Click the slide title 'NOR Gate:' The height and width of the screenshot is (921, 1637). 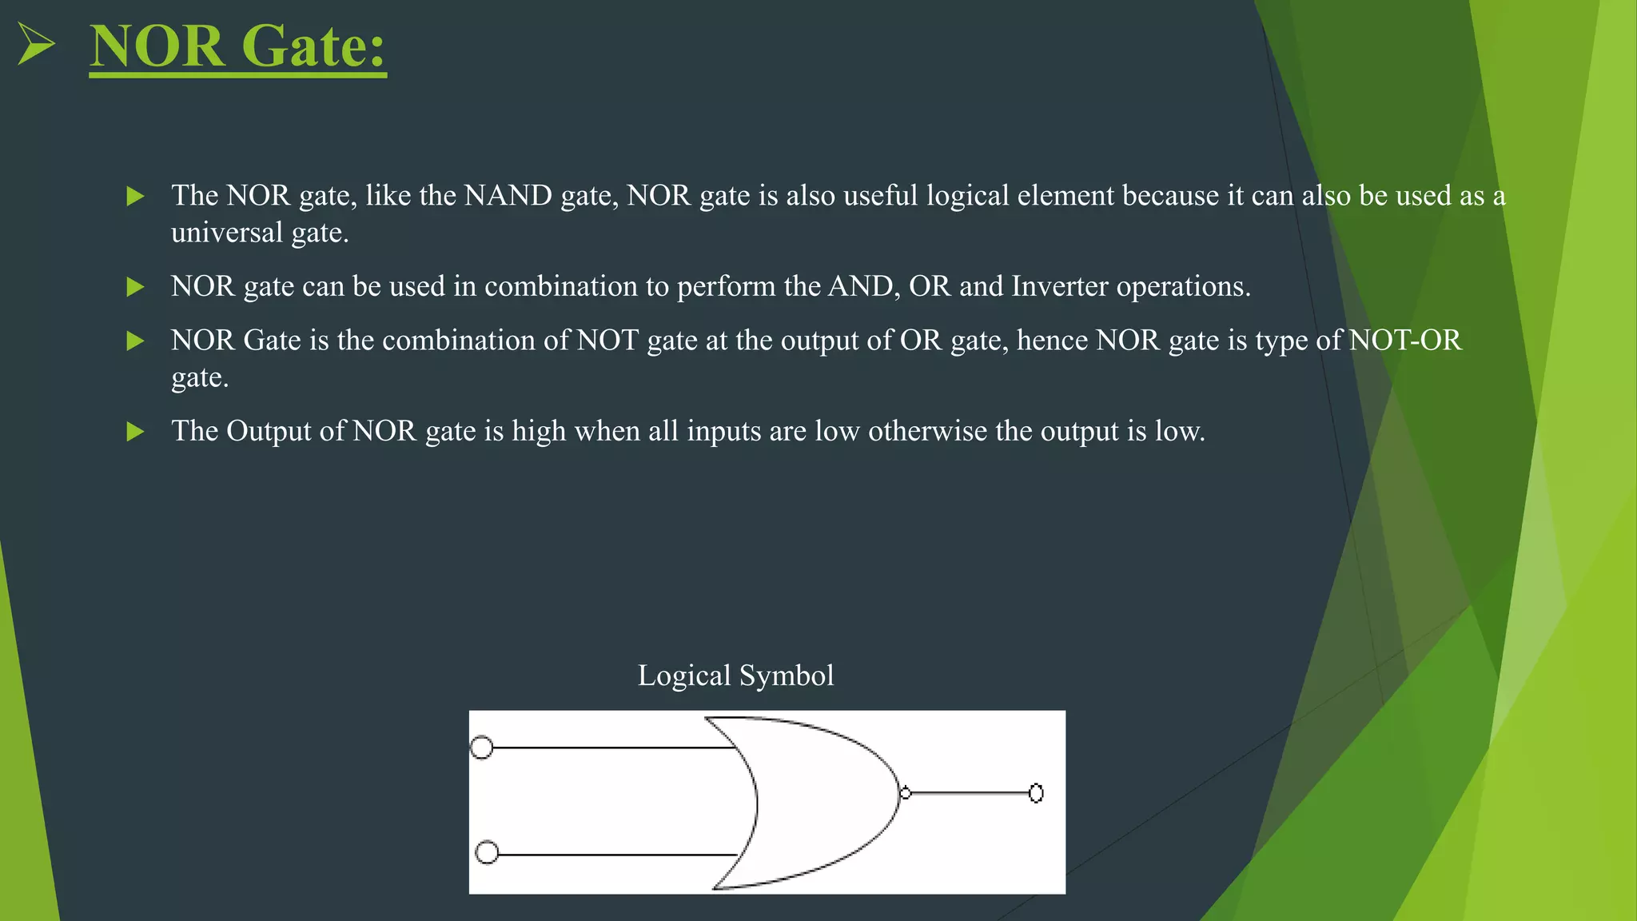237,46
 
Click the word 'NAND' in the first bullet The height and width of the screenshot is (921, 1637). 508,196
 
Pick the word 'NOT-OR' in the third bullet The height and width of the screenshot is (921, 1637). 1405,341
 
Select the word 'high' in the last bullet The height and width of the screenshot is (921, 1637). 539,432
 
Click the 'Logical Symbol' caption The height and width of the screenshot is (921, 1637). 735,676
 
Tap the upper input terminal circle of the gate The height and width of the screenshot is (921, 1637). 481,748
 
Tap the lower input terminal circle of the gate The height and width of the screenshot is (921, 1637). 487,852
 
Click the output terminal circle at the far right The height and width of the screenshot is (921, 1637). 1036,793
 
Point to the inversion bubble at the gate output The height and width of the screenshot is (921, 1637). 905,793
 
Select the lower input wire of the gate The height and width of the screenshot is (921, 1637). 615,855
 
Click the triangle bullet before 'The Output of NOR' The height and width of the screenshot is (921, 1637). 136,432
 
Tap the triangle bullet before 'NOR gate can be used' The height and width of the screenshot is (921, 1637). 136,287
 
